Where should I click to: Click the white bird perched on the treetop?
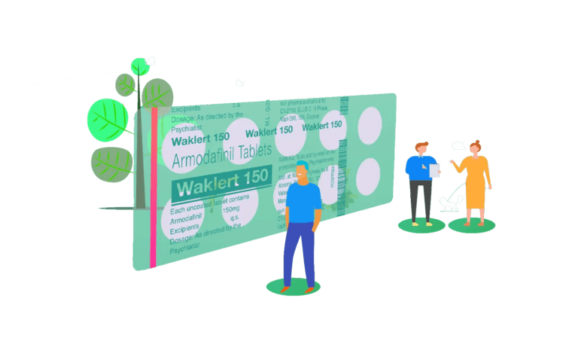coord(151,59)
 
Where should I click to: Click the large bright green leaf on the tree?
coord(108,118)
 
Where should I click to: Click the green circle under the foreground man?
coord(294,287)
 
